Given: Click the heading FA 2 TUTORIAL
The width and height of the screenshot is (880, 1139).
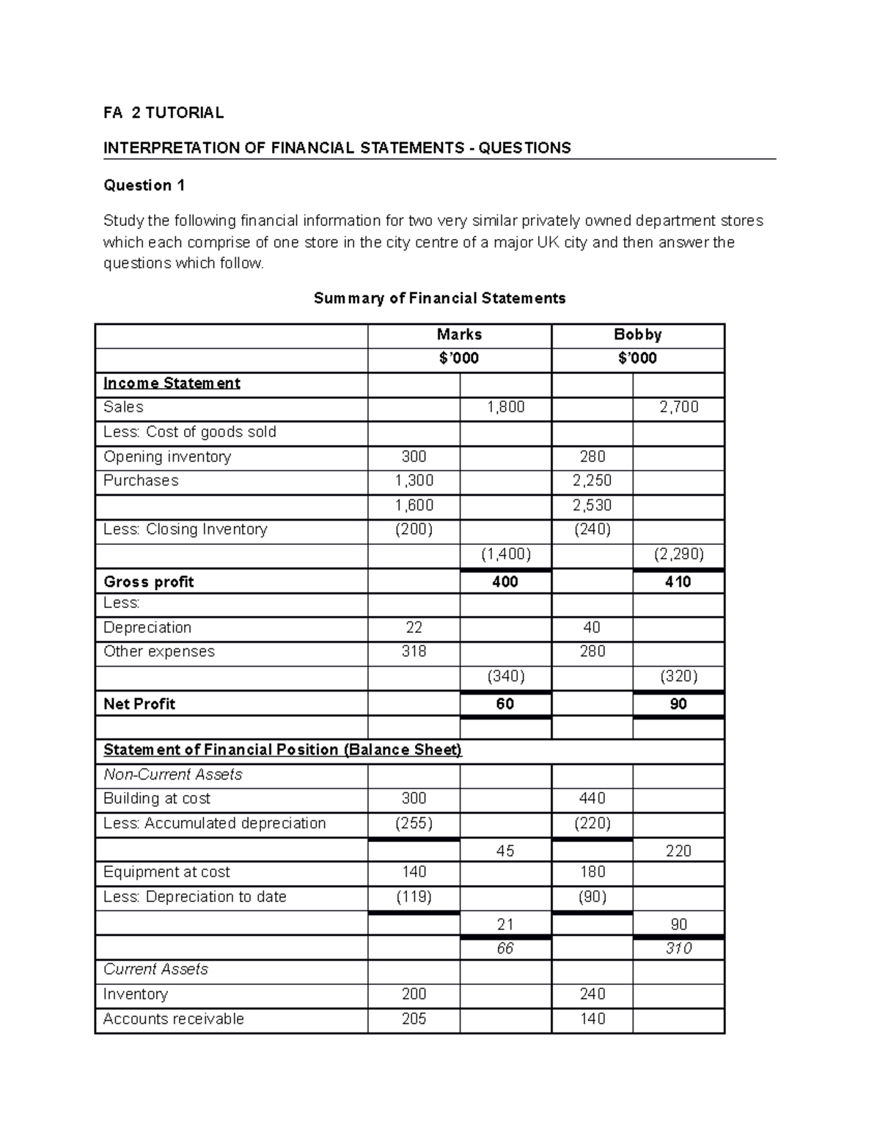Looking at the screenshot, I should click(164, 112).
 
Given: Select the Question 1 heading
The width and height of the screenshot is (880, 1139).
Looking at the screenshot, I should click(144, 185).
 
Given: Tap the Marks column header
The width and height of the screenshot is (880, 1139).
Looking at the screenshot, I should click(459, 334).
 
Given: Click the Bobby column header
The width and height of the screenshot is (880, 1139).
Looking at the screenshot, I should click(637, 334).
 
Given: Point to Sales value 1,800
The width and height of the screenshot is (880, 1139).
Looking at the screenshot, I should click(505, 407).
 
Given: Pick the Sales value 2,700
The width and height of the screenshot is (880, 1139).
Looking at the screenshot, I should click(678, 407).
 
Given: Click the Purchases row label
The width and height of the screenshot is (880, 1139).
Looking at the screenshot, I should click(141, 480).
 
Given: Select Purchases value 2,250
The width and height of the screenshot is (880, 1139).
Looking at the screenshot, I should click(592, 480).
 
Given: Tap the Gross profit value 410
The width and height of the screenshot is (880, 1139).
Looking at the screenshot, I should click(678, 582).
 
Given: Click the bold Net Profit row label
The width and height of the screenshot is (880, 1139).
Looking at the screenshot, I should click(139, 704).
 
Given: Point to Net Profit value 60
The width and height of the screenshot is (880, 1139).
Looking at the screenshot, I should click(505, 704).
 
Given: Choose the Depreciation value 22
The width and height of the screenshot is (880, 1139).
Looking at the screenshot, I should click(414, 628).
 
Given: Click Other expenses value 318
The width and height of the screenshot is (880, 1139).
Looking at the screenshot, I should click(414, 651).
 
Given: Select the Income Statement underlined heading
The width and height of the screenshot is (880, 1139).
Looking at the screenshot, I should click(172, 383).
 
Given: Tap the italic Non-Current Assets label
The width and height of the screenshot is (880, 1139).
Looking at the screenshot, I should click(172, 774).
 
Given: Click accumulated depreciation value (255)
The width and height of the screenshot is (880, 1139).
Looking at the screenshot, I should click(414, 823).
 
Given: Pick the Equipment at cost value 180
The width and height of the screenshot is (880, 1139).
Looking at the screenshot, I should click(592, 872).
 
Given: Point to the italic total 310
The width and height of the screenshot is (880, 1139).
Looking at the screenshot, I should click(678, 948).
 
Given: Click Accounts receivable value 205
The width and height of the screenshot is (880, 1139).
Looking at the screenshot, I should click(414, 1019).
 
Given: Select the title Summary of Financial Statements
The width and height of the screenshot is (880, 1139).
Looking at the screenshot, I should click(439, 298).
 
